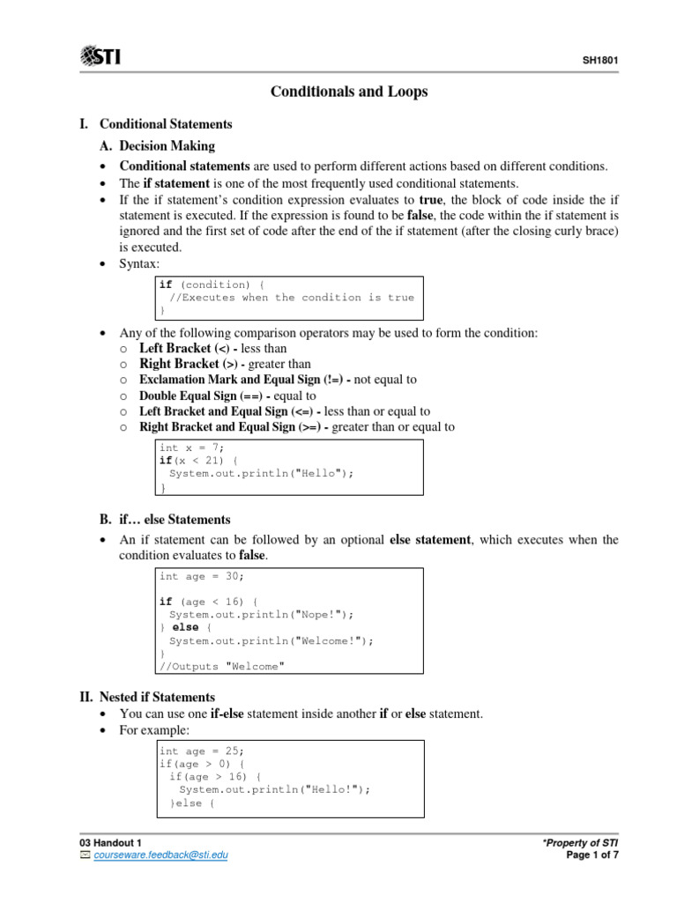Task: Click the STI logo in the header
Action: (x=100, y=57)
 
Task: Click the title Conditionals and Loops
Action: (x=342, y=92)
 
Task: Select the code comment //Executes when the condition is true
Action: (x=291, y=298)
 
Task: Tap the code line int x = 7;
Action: (x=192, y=447)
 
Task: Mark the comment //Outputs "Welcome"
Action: (x=222, y=667)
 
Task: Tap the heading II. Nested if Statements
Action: (x=147, y=697)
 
